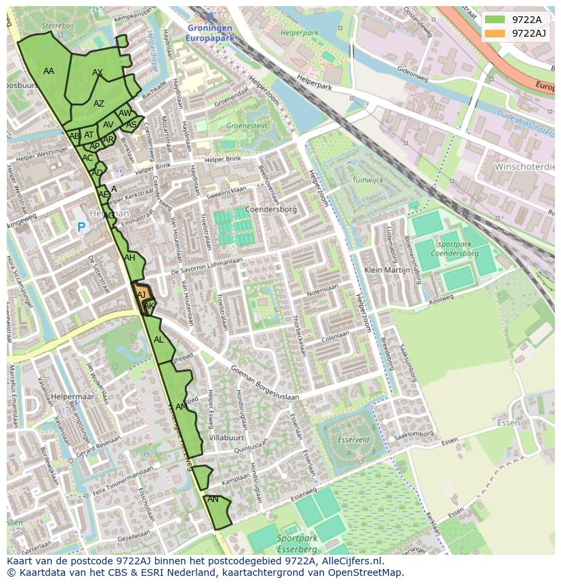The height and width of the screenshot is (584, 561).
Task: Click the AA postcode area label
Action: pos(49,71)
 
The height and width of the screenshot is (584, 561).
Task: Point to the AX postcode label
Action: pos(98,73)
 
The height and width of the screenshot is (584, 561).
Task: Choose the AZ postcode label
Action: pos(99,104)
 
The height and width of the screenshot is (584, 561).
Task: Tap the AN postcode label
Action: pos(213,499)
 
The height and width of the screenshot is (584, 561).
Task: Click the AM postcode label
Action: pos(182,407)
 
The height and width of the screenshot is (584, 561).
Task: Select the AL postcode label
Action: pos(159,340)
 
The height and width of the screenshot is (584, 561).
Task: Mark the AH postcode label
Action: pos(129,258)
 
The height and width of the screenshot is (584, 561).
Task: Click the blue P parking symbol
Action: pos(81,228)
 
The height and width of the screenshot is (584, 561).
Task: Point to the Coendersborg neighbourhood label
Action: pos(271,210)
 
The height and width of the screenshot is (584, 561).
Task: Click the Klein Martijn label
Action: pos(388,270)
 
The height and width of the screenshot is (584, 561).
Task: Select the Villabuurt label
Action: pos(226,438)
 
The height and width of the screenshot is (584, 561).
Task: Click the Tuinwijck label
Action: pos(368,180)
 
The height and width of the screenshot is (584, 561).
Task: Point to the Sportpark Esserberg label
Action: pos(297,543)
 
